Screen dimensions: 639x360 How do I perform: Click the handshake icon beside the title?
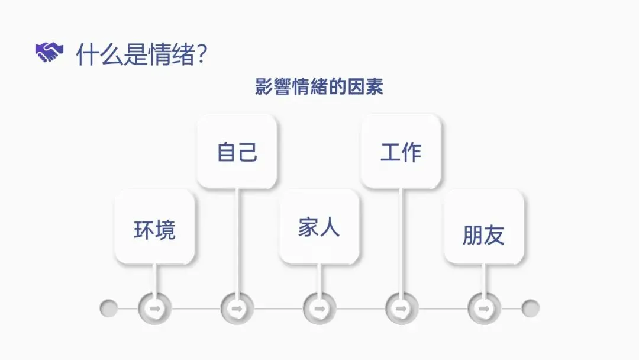49,53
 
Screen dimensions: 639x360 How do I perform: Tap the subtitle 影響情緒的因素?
319,86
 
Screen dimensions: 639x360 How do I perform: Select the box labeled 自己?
237,152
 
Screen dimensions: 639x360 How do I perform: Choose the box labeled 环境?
154,227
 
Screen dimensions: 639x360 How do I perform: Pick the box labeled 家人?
319,227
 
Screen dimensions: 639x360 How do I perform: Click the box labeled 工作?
401,152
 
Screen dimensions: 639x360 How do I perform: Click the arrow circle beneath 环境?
154,308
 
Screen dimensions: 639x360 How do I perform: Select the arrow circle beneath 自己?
237,308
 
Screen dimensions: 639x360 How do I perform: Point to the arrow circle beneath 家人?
319,308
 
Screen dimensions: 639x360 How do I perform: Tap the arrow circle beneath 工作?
401,308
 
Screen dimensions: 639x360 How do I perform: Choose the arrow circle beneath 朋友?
483,308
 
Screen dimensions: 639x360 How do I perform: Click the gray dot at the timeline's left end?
108,308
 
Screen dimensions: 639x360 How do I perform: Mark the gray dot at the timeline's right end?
530,308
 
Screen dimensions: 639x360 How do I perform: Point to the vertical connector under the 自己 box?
237,243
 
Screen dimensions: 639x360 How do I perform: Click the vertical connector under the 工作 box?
401,243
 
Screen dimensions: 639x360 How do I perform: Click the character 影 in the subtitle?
263,86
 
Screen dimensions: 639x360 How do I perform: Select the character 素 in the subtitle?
375,86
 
